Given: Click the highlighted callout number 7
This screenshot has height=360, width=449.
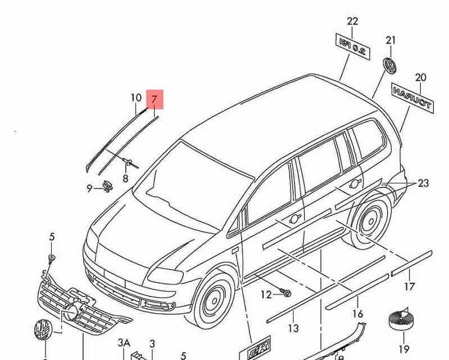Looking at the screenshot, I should (154, 99).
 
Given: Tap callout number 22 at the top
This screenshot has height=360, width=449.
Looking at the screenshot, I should (352, 21).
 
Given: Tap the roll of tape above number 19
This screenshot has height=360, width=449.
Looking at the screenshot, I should (402, 321).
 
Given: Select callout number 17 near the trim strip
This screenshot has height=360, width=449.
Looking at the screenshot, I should (410, 287).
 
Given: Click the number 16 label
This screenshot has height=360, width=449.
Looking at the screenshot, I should (358, 314).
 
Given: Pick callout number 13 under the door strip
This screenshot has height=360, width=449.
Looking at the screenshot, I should (293, 328).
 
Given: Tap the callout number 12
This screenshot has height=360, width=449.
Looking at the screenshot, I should (266, 294).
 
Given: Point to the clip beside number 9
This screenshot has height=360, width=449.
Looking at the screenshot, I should (107, 186).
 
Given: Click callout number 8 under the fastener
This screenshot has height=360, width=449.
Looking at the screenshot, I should (125, 179).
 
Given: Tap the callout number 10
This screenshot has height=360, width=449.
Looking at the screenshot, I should (136, 98).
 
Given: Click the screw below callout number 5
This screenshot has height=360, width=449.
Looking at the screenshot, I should (52, 258).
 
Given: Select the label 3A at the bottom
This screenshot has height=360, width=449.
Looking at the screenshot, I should (124, 343).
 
